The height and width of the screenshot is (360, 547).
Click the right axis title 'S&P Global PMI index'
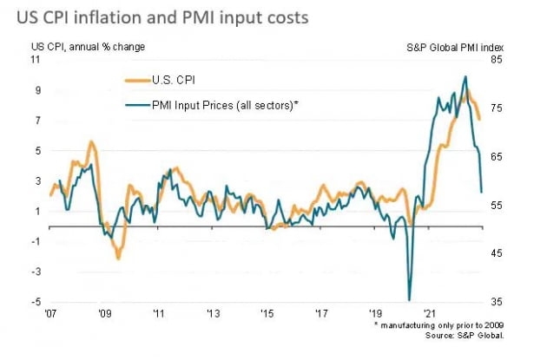456,46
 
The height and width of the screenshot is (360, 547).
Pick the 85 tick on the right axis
498,60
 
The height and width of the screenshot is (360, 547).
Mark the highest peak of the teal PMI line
465,76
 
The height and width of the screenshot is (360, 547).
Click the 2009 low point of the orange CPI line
118,259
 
